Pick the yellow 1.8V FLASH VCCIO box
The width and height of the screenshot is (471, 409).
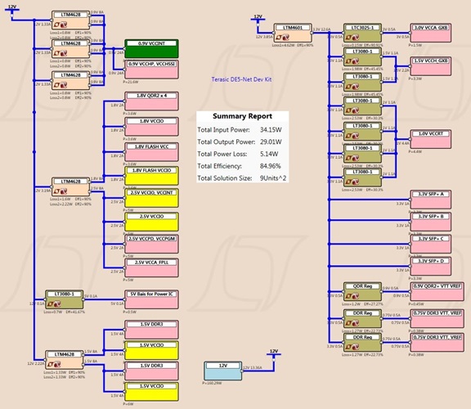pyautogui.click(x=152, y=175)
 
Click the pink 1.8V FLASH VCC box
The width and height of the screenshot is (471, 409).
pyautogui.click(x=152, y=151)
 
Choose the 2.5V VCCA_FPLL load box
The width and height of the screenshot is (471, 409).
pyautogui.click(x=152, y=263)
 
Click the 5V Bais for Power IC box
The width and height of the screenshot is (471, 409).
pyautogui.click(x=152, y=298)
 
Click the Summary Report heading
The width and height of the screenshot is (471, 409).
pyautogui.click(x=237, y=117)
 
